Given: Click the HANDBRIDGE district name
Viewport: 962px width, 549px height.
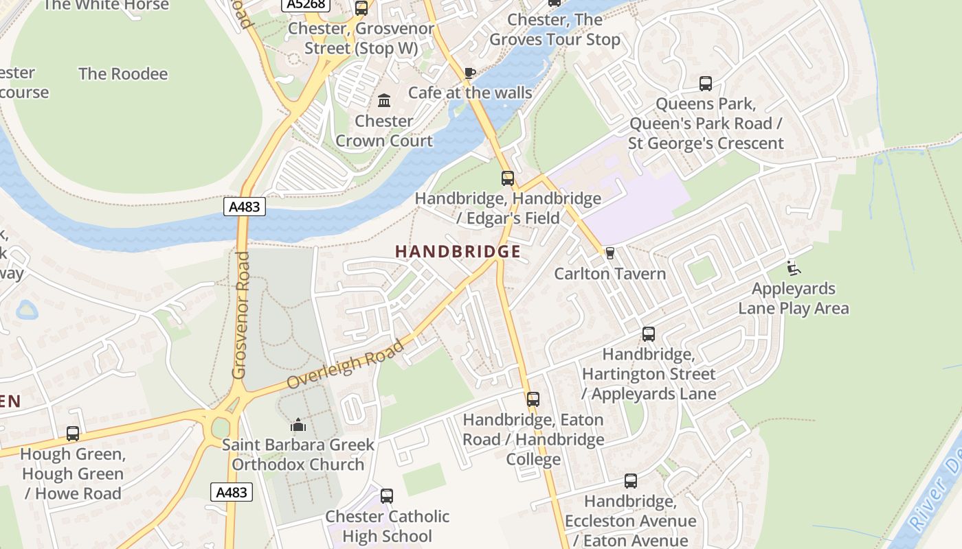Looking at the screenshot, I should (x=458, y=252).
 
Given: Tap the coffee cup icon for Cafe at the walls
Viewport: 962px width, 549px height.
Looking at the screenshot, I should (x=470, y=73).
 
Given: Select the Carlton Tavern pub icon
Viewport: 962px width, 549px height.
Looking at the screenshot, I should (x=609, y=253).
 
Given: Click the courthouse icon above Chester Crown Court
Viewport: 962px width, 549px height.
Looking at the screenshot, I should (x=384, y=101).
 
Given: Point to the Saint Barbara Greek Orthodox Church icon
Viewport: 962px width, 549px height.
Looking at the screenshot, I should (x=298, y=425).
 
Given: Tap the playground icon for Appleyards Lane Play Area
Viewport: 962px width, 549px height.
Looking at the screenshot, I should (x=793, y=268).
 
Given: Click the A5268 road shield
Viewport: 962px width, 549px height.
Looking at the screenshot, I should (x=306, y=4).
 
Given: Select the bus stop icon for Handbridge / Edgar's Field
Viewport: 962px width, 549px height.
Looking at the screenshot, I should (x=508, y=178).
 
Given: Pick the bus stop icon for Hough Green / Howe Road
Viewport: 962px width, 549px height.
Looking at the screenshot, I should (x=73, y=434).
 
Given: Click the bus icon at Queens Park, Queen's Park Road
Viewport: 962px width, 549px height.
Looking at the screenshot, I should (x=706, y=84).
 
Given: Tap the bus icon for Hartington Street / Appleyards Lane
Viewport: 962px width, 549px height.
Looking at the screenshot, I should (x=649, y=334).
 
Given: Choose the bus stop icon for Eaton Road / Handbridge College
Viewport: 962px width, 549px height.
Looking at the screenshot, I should (x=533, y=399).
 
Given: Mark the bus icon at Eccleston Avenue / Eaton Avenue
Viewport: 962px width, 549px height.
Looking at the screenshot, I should (x=631, y=481).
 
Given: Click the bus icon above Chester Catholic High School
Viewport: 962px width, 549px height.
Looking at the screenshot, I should (x=387, y=496).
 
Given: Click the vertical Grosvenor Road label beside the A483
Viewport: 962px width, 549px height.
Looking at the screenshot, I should (x=239, y=316).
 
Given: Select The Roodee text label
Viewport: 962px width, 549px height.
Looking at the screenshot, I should (x=123, y=74).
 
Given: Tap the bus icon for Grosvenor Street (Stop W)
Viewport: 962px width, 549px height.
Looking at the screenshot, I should (x=361, y=8).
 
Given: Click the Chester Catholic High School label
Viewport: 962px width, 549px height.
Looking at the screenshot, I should (x=388, y=526).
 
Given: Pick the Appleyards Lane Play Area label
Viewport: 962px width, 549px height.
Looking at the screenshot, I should (x=793, y=299).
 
